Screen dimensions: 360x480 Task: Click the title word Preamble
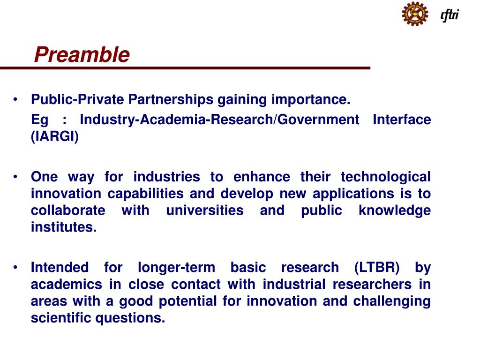point(82,55)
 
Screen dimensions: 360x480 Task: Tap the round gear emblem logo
point(415,14)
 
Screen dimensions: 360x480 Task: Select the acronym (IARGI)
point(55,137)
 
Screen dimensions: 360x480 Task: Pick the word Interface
point(401,120)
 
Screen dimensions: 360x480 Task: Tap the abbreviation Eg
point(39,120)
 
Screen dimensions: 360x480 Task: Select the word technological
point(385,177)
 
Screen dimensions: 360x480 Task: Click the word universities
point(205,210)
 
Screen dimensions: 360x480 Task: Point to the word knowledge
point(394,210)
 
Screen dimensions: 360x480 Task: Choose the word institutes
point(63,228)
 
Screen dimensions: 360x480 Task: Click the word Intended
point(59,268)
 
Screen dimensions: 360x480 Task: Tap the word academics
point(66,285)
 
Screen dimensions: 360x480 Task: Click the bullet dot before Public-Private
point(16,99)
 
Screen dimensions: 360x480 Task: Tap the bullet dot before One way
point(16,177)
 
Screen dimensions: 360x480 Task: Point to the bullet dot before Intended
point(16,268)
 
